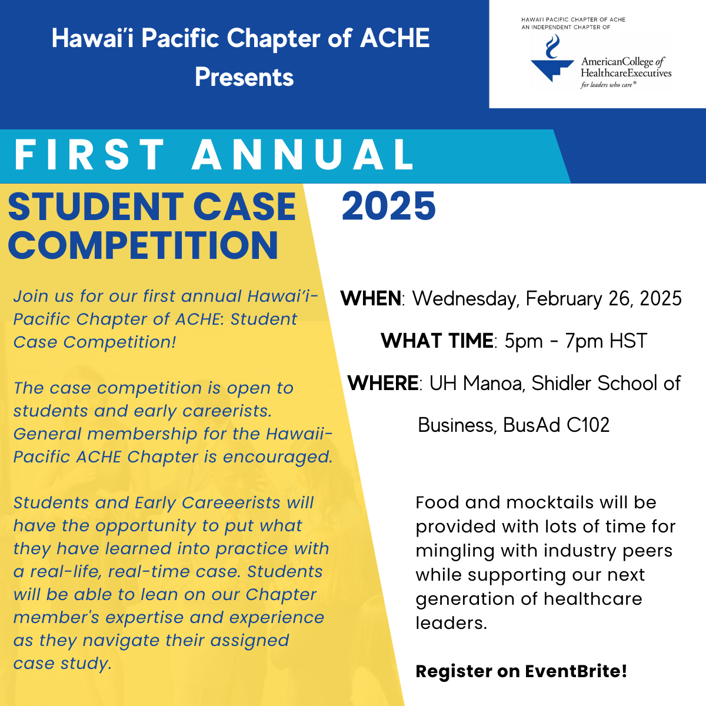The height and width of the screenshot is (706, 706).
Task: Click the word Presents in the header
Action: coord(244,77)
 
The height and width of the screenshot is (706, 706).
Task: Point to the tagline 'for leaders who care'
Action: coord(608,85)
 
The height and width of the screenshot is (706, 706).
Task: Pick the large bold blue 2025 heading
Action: coord(389,207)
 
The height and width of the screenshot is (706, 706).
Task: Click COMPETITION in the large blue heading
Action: coord(143,245)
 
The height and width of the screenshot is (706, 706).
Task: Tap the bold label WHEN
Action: coord(371,298)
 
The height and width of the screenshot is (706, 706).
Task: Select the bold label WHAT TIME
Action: coord(437,341)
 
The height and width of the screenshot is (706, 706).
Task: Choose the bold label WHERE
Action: coord(383,383)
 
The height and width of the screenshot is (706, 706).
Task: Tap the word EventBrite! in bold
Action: coord(577,671)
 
